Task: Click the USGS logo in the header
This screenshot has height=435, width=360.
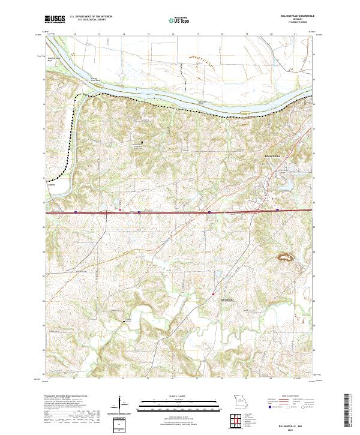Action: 55,19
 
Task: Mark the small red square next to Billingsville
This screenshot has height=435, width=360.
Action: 213,294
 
